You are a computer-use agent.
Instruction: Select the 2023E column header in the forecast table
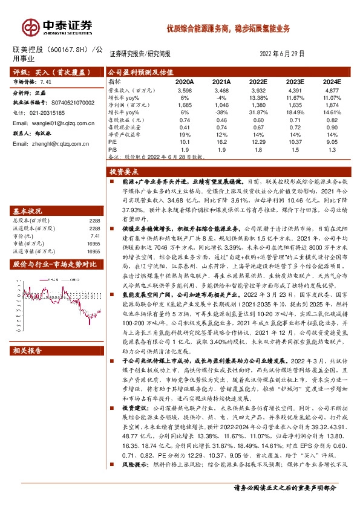pos(295,81)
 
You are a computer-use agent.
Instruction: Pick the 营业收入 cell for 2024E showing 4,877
pos(332,89)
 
